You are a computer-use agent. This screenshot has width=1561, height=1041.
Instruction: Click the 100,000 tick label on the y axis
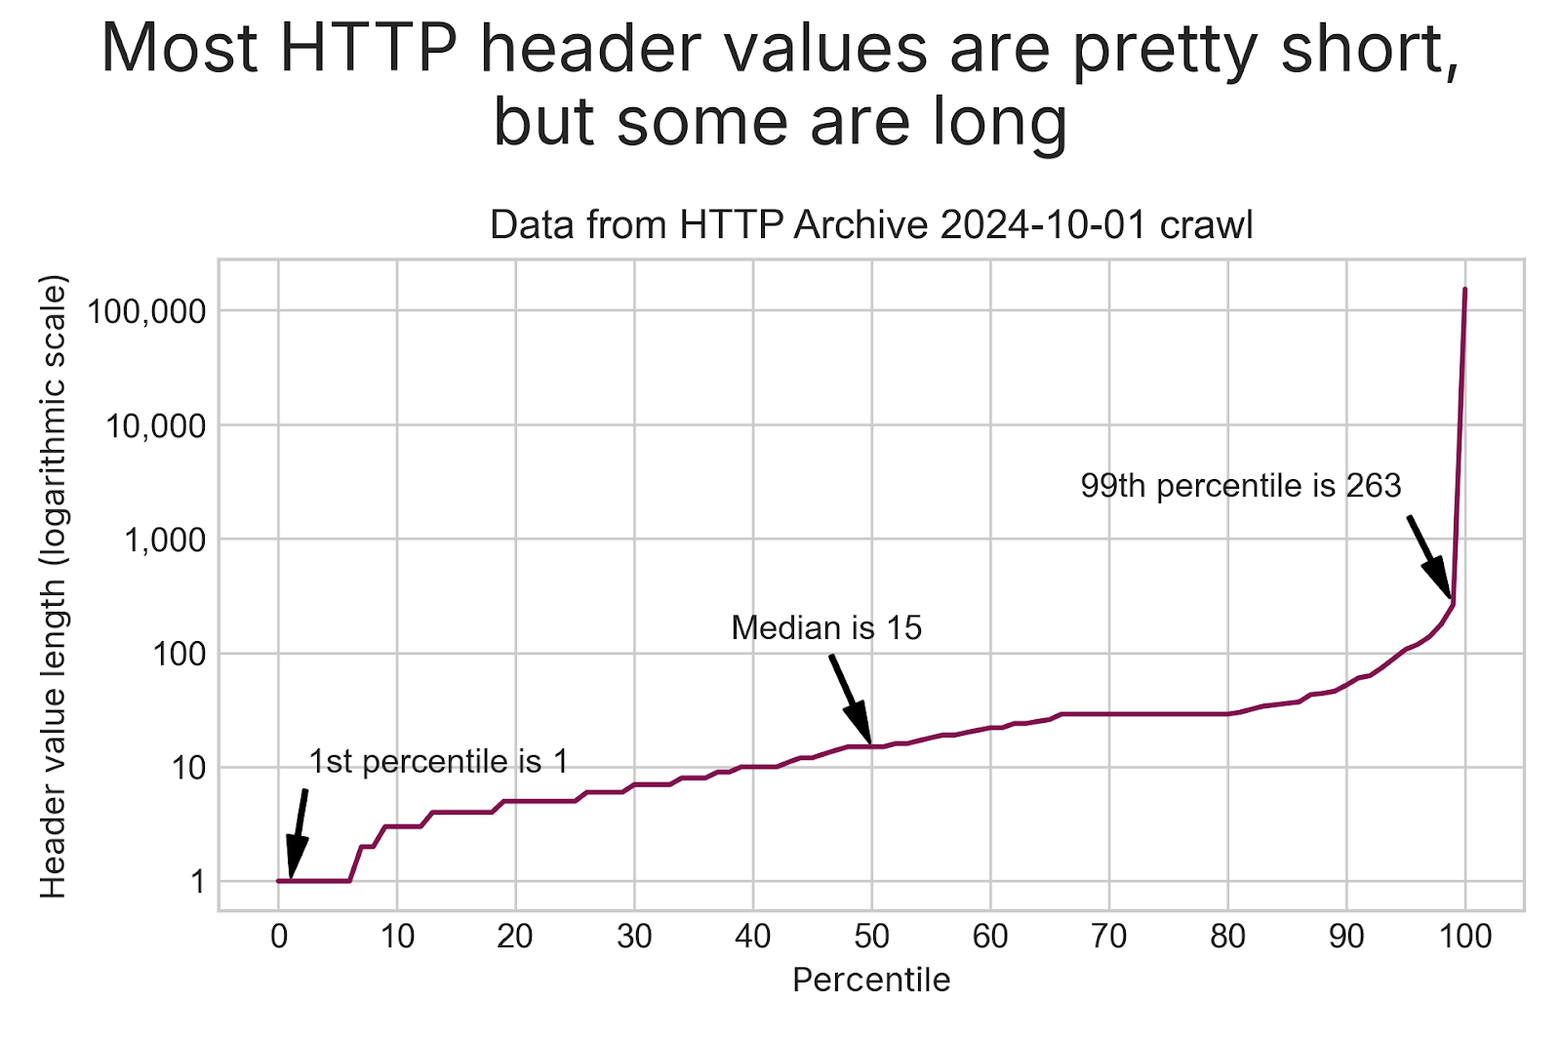(x=146, y=312)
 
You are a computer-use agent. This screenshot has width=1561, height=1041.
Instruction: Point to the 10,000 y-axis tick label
(x=156, y=426)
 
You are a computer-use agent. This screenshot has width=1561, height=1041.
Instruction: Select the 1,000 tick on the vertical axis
(x=165, y=540)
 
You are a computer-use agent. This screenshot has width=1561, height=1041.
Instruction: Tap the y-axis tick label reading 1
(x=198, y=882)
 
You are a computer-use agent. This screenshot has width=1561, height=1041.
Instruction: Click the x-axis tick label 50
(x=871, y=938)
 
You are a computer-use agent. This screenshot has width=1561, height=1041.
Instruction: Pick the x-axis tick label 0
(x=279, y=938)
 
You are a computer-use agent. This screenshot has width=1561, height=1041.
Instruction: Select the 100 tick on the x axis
(x=1465, y=938)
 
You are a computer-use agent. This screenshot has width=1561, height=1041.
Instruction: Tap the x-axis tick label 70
(x=1109, y=938)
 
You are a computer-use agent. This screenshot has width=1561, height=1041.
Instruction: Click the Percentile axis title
(x=871, y=980)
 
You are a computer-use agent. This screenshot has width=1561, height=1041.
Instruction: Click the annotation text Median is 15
(x=826, y=628)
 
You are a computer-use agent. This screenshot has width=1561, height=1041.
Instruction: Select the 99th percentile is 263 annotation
(x=1240, y=486)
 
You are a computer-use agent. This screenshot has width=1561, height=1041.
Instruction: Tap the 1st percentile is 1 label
(x=438, y=762)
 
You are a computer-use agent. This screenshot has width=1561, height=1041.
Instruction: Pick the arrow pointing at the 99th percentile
(x=1429, y=557)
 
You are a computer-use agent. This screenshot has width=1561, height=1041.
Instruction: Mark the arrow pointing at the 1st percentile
(x=298, y=833)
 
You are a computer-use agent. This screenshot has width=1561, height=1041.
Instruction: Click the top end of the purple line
(x=1464, y=290)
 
